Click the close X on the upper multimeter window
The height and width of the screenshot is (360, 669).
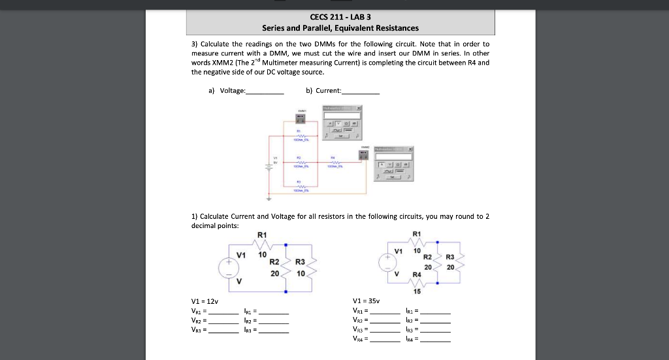point(359,107)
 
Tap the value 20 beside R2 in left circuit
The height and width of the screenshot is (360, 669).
point(274,273)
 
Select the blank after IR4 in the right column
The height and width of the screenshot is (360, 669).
point(436,340)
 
